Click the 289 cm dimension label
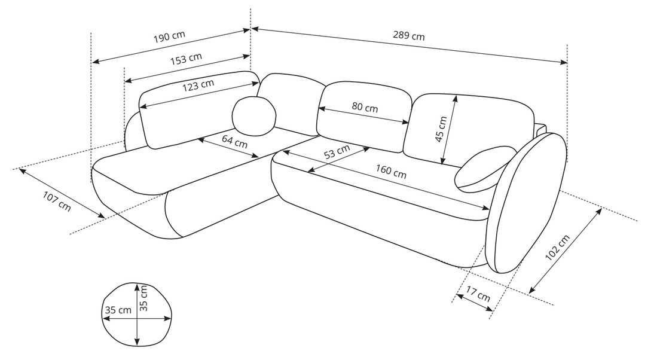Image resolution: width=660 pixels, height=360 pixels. click(x=409, y=35)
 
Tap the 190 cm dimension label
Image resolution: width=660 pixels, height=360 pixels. click(x=170, y=36)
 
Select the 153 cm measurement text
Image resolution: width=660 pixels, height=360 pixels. click(x=187, y=60)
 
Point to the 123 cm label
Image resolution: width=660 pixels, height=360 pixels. click(x=198, y=86)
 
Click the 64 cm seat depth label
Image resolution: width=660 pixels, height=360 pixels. click(x=235, y=142)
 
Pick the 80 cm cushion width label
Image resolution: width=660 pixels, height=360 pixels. click(x=365, y=108)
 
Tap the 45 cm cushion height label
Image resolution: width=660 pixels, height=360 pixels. click(x=441, y=129)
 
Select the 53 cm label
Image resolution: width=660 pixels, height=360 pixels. click(x=337, y=152)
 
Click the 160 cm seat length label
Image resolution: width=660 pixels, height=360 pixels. click(x=391, y=172)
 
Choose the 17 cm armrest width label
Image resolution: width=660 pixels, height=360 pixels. click(x=478, y=295)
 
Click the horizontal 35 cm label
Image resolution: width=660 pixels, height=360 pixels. click(x=117, y=310)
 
